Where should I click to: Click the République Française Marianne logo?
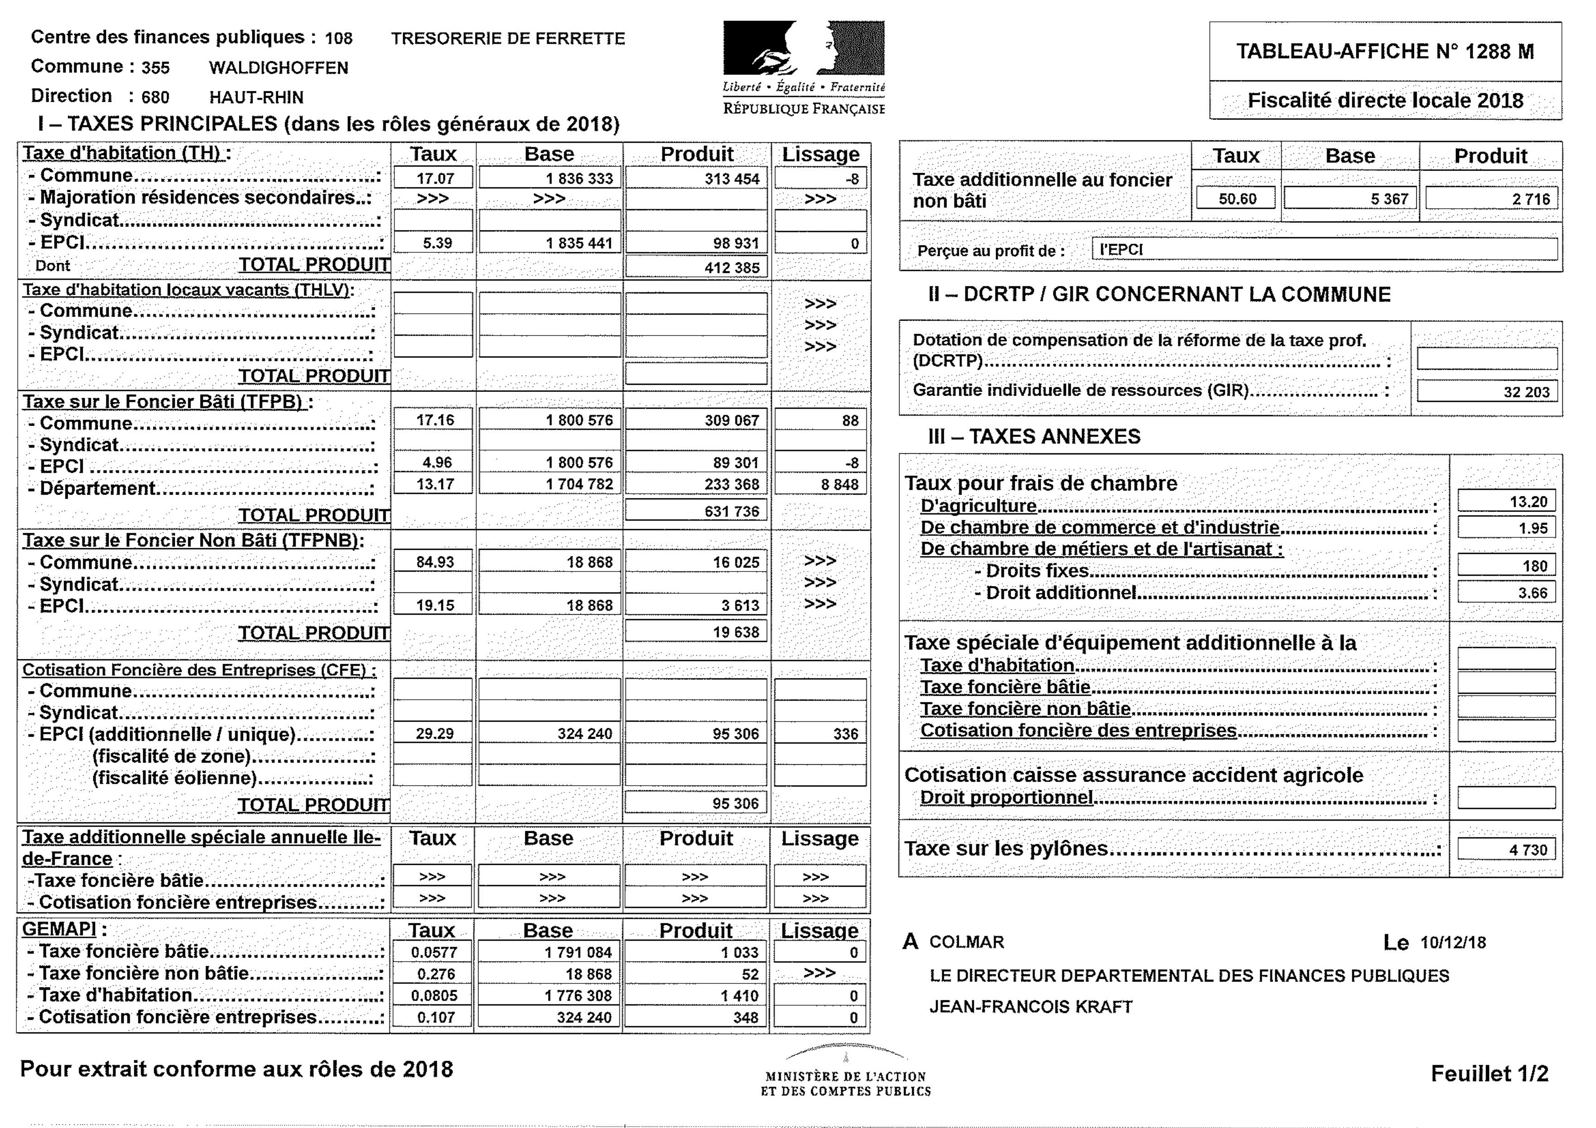804,49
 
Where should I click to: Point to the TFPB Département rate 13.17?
434,484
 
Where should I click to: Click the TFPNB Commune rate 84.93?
434,561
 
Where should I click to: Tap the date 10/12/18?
1453,943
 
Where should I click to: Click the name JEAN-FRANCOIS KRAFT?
1031,1006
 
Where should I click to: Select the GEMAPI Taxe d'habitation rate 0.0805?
434,995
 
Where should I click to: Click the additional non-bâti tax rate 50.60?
1237,199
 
